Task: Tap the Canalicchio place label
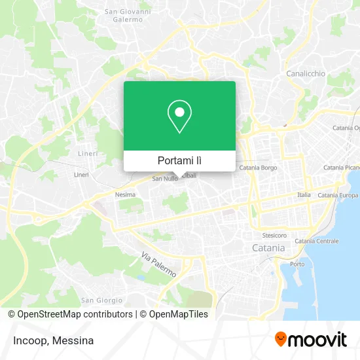(x=306, y=73)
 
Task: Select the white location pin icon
(x=179, y=117)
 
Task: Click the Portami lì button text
(x=179, y=160)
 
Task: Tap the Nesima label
(x=124, y=194)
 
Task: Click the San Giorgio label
(x=101, y=300)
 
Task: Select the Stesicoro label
(x=274, y=234)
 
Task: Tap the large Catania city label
(x=268, y=248)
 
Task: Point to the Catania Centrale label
(x=317, y=241)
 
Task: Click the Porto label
(x=297, y=264)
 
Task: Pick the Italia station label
(x=304, y=195)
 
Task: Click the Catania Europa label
(x=338, y=195)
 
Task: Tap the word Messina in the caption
(x=73, y=340)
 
